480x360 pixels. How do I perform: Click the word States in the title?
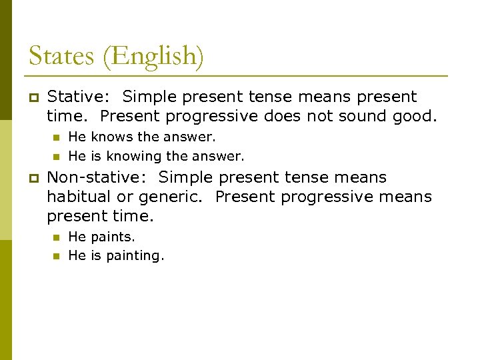point(60,55)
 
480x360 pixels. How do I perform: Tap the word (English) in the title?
point(153,57)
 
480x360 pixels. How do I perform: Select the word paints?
point(113,237)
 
